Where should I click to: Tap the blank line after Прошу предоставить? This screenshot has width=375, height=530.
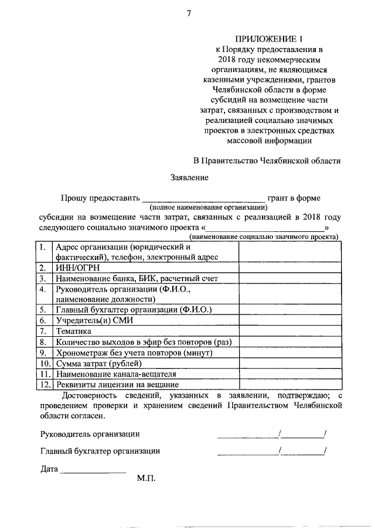pos(204,199)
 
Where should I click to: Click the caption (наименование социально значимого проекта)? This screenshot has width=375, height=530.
pos(263,237)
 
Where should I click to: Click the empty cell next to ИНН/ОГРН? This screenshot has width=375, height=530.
pos(289,268)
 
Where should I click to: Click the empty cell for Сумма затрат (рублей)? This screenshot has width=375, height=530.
pos(289,363)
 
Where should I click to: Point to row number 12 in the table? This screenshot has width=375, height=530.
pos(43,385)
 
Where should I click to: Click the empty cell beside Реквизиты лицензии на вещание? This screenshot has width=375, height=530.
pos(289,385)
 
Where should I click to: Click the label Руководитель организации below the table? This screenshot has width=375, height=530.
pos(90,434)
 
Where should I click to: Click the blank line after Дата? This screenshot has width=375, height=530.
pos(93,471)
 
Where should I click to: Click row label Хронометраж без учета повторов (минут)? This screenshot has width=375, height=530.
pos(125,353)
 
